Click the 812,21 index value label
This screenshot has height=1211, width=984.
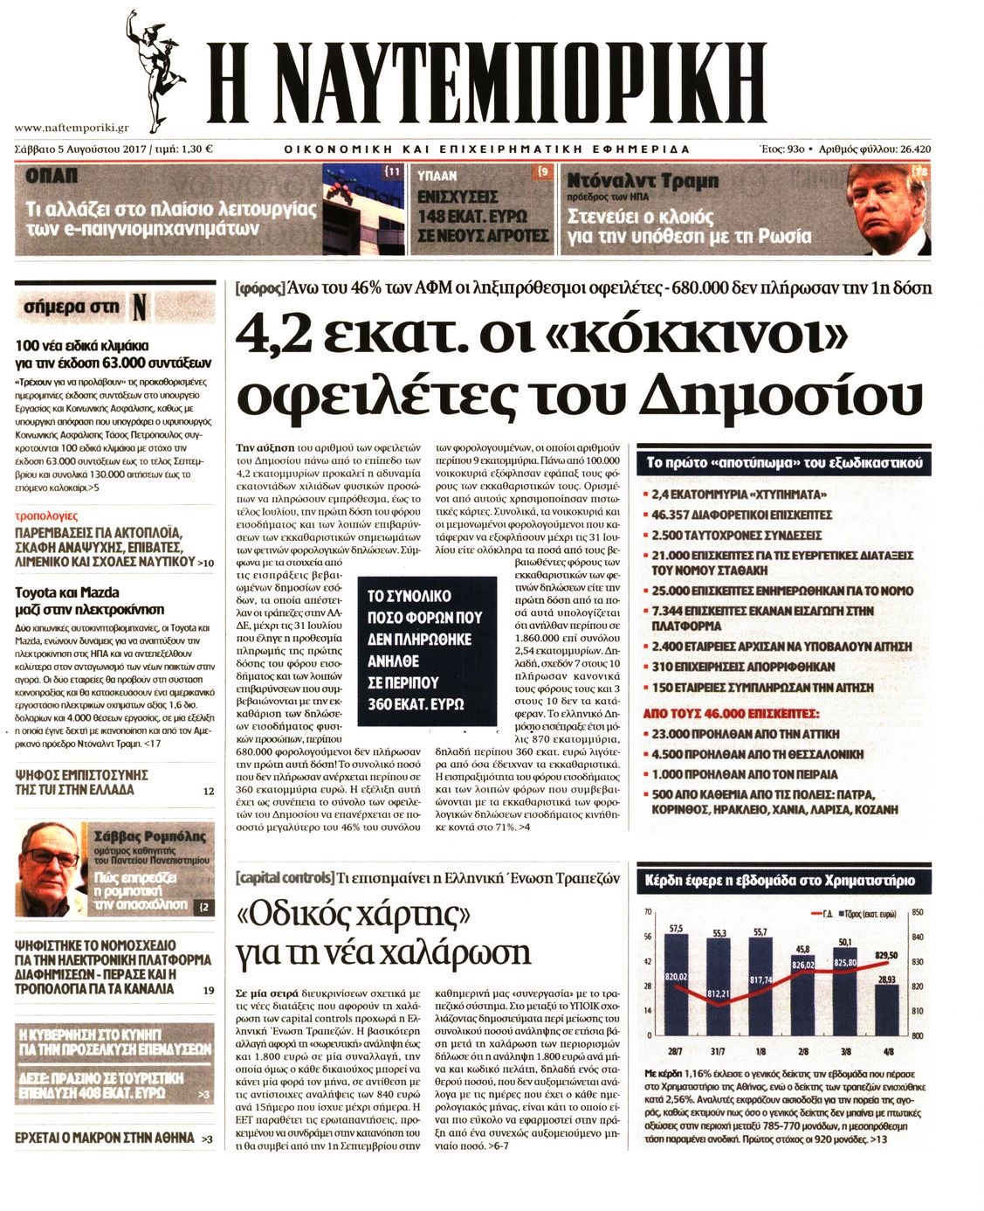[x=717, y=994]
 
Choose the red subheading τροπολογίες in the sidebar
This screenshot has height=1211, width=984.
[x=47, y=516]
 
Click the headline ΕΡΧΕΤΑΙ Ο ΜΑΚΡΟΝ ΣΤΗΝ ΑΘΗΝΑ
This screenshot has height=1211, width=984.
[x=105, y=1138]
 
